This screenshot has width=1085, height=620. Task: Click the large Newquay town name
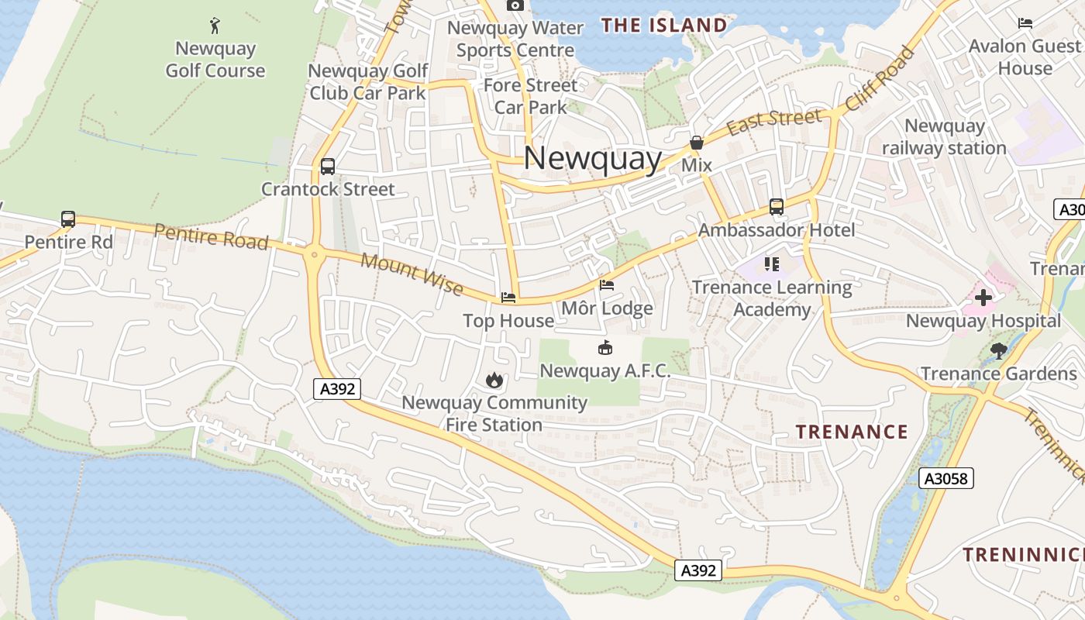pos(593,160)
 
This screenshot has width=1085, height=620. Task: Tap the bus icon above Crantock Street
pos(328,167)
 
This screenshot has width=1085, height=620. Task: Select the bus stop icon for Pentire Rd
pos(68,219)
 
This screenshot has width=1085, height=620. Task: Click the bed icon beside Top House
pos(508,298)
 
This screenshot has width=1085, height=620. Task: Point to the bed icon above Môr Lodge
pos(607,286)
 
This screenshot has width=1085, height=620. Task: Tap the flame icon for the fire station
pos(494,380)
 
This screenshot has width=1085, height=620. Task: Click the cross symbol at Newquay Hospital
pos(983,298)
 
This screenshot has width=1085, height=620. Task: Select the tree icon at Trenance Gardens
pos(998,350)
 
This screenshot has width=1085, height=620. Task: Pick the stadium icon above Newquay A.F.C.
pos(605,348)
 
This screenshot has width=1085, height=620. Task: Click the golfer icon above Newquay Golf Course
pos(215,26)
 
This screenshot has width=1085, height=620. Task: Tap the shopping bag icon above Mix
pos(696,143)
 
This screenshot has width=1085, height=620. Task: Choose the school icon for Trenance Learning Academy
pos(772,264)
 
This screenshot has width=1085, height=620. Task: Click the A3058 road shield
pos(946,478)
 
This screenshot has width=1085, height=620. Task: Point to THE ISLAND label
pos(664,26)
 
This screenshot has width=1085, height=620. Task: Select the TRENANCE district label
pos(852,432)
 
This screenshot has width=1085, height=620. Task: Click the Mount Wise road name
pos(412,274)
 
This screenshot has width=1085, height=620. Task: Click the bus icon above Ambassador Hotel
pos(777,207)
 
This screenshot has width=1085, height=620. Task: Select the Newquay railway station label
pos(944,136)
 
